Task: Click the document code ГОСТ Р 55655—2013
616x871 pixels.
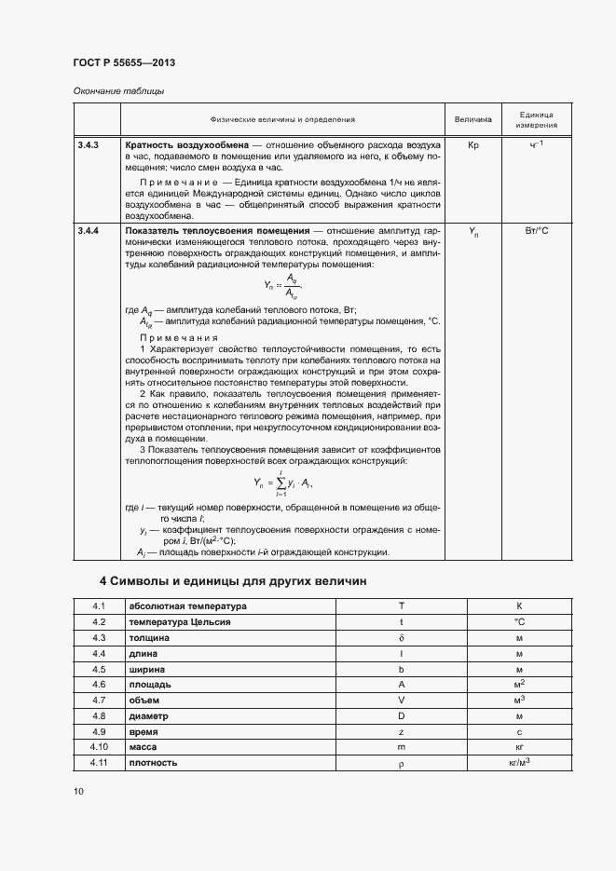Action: pos(124,62)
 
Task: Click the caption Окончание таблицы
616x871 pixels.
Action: pos(118,90)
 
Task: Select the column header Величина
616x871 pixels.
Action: pos(472,119)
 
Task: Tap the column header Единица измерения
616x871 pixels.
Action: pos(538,118)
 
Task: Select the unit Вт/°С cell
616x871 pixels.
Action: pos(538,230)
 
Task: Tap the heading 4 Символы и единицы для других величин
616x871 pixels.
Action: pos(233,581)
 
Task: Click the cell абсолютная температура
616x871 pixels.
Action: pos(174,606)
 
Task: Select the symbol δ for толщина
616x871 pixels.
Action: pos(401,638)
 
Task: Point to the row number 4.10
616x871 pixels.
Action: pos(100,747)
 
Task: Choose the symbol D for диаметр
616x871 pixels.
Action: pos(401,715)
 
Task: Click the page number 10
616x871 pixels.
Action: pos(78,791)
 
